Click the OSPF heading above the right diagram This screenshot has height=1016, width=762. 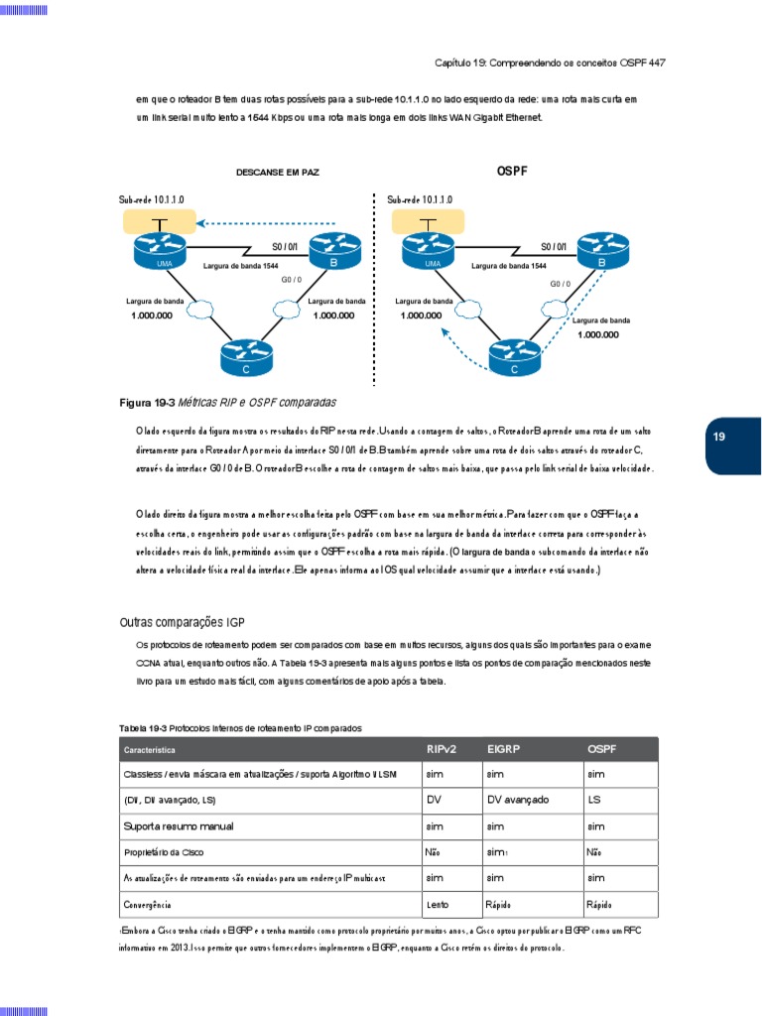pyautogui.click(x=512, y=172)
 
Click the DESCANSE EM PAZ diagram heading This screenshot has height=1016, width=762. pyautogui.click(x=278, y=173)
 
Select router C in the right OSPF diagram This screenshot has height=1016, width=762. pyautogui.click(x=514, y=358)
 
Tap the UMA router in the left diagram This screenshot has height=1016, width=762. pyautogui.click(x=159, y=251)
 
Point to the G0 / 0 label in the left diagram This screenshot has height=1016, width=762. pyautogui.click(x=293, y=281)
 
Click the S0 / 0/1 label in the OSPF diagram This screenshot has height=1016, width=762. pyautogui.click(x=554, y=246)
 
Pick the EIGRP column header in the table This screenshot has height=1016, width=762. pyautogui.click(x=506, y=749)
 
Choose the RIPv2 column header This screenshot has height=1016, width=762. pyautogui.click(x=443, y=749)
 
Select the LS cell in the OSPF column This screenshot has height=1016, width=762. pyautogui.click(x=594, y=800)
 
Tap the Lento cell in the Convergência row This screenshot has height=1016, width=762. pyautogui.click(x=437, y=905)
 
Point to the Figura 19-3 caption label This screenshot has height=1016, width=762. pyautogui.click(x=147, y=403)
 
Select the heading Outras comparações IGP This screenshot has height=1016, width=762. pyautogui.click(x=182, y=622)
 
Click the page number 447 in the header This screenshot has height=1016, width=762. pyautogui.click(x=656, y=63)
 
